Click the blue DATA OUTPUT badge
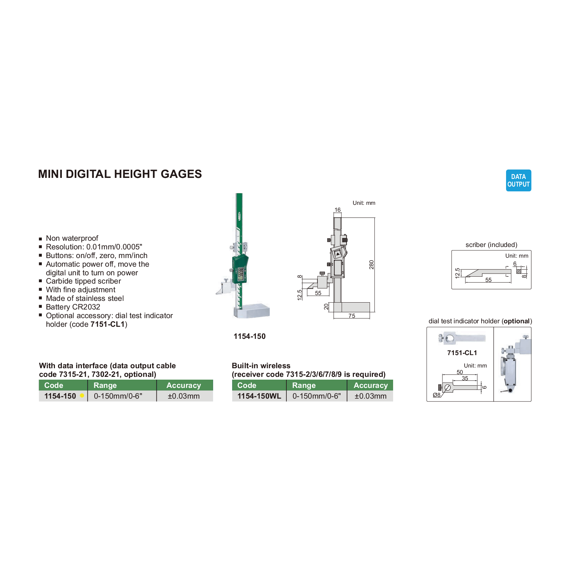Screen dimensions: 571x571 (x=518, y=180)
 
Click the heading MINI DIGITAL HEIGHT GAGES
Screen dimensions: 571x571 (x=120, y=174)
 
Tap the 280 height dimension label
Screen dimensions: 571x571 (x=371, y=265)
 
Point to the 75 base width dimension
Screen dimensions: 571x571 (x=352, y=316)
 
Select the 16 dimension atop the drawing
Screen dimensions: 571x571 (x=337, y=210)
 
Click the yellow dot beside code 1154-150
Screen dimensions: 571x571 (x=82, y=396)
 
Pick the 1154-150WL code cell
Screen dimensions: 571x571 (x=259, y=396)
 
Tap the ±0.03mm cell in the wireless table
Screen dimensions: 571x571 (x=370, y=396)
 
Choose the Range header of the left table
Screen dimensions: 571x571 (x=105, y=386)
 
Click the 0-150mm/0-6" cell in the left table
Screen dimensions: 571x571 (x=118, y=396)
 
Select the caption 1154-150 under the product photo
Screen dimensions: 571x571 (x=249, y=336)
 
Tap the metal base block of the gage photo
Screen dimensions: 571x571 (x=252, y=311)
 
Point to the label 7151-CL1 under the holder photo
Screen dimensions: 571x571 (x=462, y=353)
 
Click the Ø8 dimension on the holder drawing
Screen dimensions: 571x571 (x=437, y=395)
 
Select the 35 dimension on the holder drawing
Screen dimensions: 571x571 (x=465, y=379)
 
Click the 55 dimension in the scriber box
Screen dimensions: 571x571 (x=488, y=280)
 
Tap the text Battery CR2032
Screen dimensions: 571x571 (x=73, y=307)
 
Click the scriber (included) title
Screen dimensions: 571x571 (x=491, y=245)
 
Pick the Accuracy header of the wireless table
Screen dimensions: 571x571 (x=370, y=386)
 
